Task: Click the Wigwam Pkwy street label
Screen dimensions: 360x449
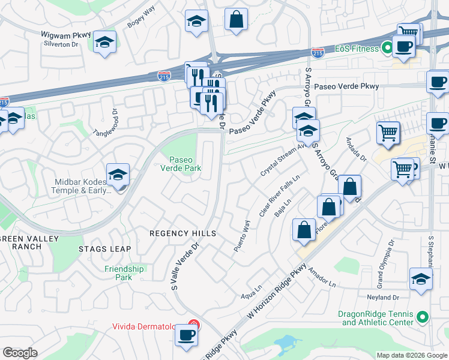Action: (x=61, y=35)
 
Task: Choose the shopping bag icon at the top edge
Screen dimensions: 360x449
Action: (x=237, y=19)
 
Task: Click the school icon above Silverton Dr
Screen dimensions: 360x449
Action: (x=105, y=43)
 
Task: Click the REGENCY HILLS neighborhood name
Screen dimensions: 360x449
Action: (x=174, y=233)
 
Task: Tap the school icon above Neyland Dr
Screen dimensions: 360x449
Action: (x=421, y=279)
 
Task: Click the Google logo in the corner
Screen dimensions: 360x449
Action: (x=20, y=353)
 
